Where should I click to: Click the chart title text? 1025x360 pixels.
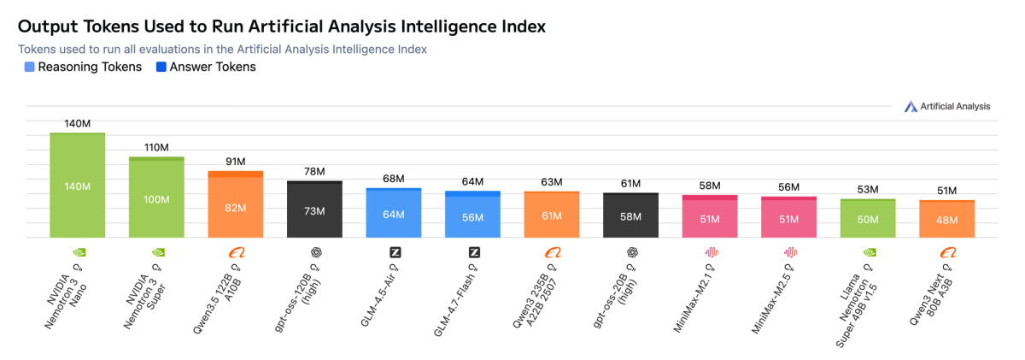[x=282, y=27]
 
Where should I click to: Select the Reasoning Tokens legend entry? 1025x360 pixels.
[x=84, y=67]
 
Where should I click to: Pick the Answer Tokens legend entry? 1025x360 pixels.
[x=205, y=67]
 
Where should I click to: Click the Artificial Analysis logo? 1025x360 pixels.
[x=947, y=106]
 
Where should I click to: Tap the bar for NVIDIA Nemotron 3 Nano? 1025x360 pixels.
[x=78, y=186]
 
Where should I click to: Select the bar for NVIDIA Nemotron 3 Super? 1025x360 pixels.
[x=156, y=198]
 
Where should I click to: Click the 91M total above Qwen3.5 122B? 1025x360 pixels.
[x=236, y=162]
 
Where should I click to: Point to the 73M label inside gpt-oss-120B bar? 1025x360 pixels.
[x=315, y=211]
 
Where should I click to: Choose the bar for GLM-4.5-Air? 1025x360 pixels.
[x=394, y=213]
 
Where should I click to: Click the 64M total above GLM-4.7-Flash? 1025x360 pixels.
[x=472, y=182]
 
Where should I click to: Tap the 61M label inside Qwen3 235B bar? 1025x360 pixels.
[x=552, y=215]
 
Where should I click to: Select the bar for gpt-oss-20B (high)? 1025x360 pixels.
[x=631, y=215]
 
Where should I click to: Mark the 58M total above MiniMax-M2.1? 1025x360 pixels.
[x=710, y=186]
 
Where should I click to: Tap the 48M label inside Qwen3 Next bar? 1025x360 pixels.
[x=947, y=220]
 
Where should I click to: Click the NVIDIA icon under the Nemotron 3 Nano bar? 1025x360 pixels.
[x=78, y=252]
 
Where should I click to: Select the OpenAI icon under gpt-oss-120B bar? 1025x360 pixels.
[x=315, y=252]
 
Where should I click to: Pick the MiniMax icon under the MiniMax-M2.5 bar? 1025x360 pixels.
[x=789, y=252]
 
